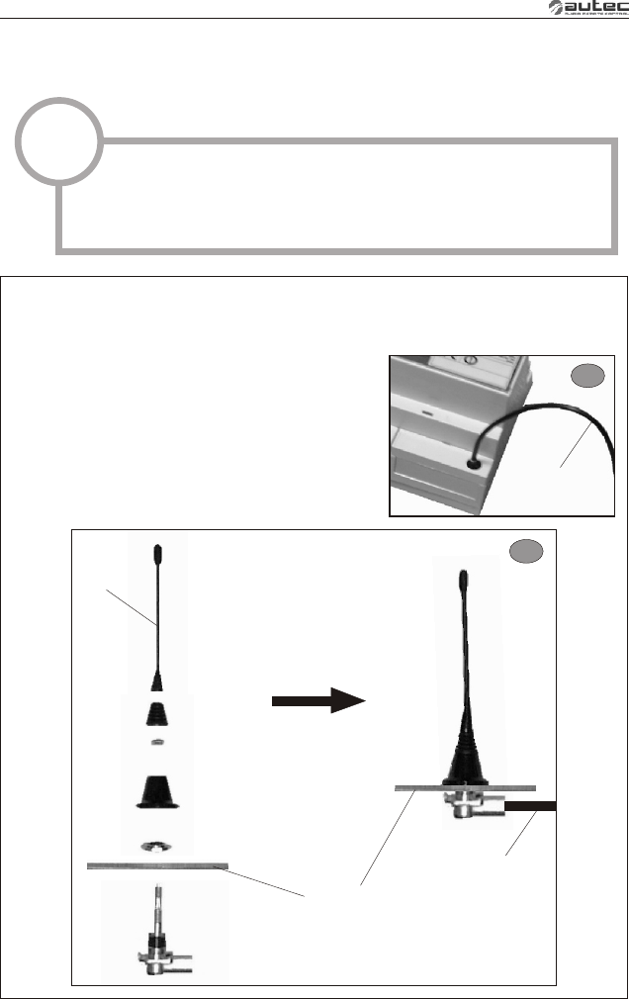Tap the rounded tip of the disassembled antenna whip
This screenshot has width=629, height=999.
[x=157, y=549]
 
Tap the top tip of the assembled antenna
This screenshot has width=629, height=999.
[x=462, y=576]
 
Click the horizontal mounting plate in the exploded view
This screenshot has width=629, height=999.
[x=158, y=866]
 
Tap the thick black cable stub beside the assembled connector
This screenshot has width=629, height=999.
[x=531, y=806]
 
